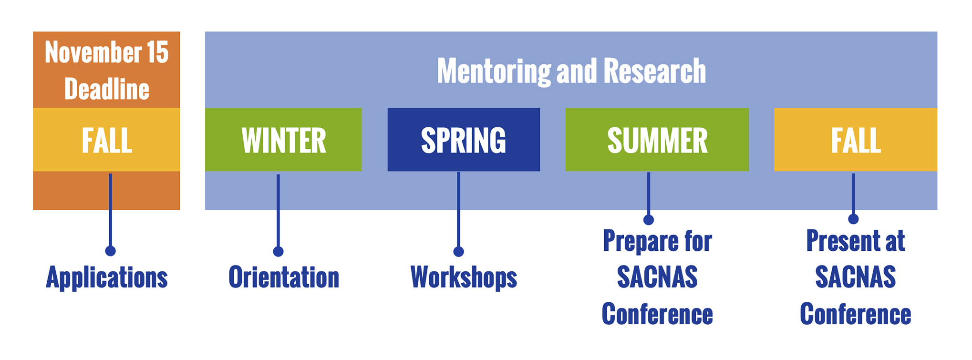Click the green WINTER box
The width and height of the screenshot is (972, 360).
coord(283,140)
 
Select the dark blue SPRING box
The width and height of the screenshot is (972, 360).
coord(464,140)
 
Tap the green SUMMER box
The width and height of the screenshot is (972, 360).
coord(657,140)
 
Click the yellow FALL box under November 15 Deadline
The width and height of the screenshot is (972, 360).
coord(106,140)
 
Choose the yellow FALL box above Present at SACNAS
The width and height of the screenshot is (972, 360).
coord(856,140)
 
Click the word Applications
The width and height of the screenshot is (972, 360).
coord(107,278)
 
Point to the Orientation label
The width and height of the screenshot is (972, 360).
coord(284,278)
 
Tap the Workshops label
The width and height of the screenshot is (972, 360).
coord(464,278)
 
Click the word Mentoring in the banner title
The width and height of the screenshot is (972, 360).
coord(494,72)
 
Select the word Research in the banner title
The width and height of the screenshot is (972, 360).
coord(655,71)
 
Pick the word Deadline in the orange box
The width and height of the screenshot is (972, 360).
coord(107,89)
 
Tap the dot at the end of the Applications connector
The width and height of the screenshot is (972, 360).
coord(110,251)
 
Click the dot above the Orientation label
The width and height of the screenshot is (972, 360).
coord(278,251)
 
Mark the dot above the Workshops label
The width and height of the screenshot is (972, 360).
coord(458,251)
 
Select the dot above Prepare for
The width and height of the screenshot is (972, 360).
coord(649,220)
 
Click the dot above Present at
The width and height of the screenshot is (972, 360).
coord(853,219)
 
